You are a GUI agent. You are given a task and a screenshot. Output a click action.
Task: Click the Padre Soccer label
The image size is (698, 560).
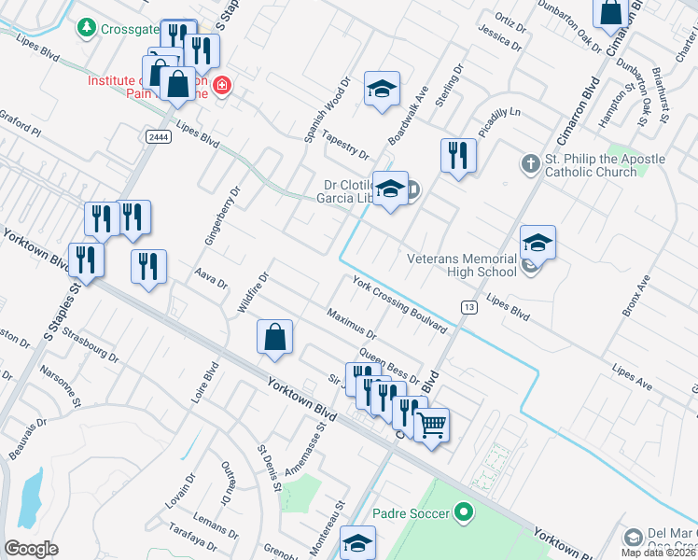pos(412,512)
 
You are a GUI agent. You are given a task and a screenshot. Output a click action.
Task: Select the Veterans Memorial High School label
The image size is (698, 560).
pos(461,265)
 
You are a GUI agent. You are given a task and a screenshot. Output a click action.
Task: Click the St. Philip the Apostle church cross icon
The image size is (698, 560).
pos(529,163)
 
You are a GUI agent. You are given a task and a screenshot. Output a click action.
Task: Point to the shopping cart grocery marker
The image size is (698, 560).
pos(431,426)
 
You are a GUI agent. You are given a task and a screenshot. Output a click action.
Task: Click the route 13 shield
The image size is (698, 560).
pos(468,307)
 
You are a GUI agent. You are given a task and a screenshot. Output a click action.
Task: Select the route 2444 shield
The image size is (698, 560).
pos(157,136)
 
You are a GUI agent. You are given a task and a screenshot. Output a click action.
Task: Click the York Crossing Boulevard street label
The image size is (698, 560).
pos(399,304)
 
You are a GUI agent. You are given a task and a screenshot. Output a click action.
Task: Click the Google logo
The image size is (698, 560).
pos(31,549)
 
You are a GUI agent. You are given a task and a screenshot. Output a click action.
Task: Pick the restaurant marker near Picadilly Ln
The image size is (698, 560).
pos(456,154)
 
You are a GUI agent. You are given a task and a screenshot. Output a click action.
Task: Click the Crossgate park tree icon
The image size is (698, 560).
pos(88,28)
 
